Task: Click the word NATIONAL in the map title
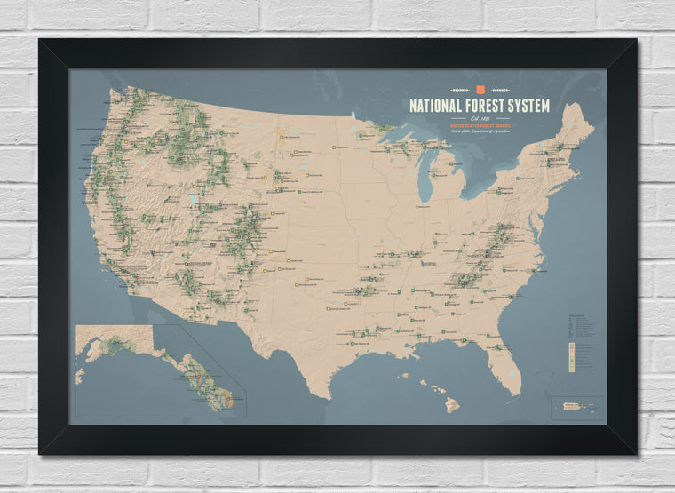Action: point(437,106)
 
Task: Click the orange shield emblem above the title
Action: point(480,89)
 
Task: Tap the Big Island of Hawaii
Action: point(452,405)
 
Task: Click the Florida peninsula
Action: point(507,355)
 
